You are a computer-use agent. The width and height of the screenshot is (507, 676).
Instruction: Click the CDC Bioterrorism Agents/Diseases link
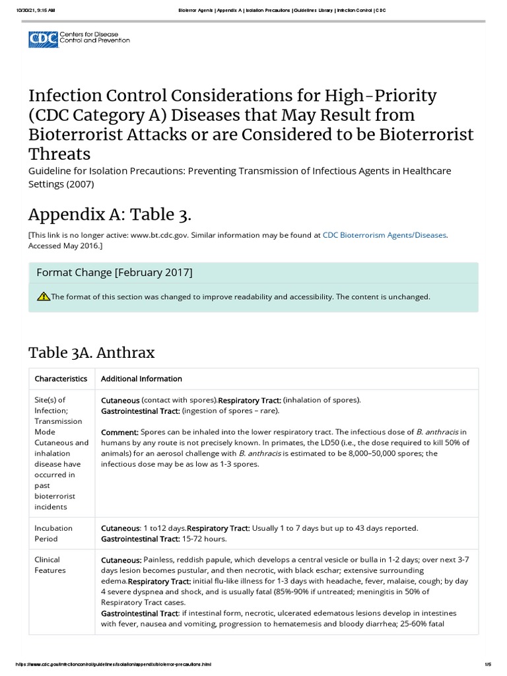[x=385, y=234]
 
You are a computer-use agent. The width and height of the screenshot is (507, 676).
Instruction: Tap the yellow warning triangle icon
[x=44, y=296]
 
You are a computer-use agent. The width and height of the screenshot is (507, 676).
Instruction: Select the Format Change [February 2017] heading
[x=114, y=273]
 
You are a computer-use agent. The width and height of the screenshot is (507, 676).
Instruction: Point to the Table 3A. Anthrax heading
[x=92, y=353]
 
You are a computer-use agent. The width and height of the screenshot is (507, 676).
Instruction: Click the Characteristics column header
[x=61, y=379]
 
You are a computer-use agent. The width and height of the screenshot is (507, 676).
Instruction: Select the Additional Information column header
[x=141, y=379]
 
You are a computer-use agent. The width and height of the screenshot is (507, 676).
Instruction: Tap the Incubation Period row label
[x=53, y=533]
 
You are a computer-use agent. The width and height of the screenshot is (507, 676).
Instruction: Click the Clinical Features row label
[x=48, y=564]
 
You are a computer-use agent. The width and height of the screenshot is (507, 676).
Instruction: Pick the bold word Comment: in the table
[x=119, y=432]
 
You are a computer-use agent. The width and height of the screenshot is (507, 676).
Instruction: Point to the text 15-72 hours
[x=205, y=539]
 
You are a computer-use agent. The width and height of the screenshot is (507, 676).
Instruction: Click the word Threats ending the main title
[x=59, y=154]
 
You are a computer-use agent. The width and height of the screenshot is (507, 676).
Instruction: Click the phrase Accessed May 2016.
[x=63, y=246]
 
